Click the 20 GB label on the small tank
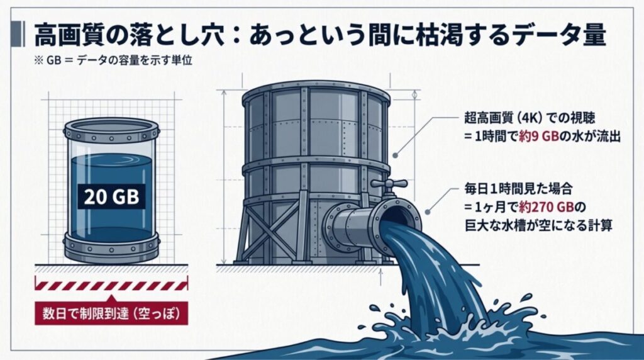111,197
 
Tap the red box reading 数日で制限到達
111,313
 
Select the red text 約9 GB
539,137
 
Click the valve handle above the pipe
388,184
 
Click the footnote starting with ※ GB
113,60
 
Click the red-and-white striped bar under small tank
111,283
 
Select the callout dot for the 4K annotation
395,155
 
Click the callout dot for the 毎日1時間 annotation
427,213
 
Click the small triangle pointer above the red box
111,298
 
